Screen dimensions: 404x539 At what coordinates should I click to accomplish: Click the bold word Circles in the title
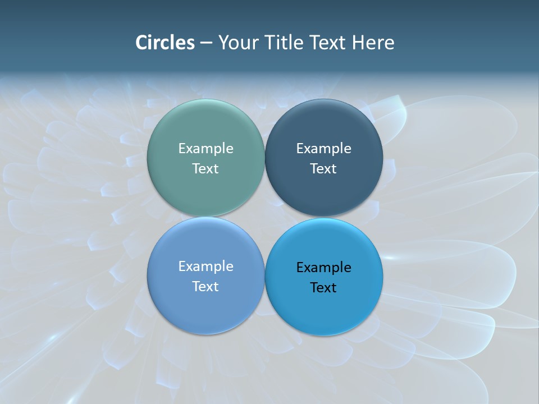point(165,43)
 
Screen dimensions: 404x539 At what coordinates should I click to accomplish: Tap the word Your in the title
point(238,43)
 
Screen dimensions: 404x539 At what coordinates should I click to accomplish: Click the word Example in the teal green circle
point(205,149)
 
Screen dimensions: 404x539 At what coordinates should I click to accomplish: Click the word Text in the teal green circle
point(205,169)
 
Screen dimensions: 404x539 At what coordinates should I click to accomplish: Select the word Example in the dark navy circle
point(323,149)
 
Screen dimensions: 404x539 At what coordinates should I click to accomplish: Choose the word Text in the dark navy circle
point(323,169)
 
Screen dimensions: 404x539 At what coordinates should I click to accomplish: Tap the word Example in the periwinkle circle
point(205,267)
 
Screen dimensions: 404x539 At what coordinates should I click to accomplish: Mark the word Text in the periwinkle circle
point(205,287)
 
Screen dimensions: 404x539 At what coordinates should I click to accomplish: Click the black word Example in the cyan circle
point(323,268)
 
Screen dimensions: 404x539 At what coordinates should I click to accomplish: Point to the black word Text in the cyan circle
point(323,288)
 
